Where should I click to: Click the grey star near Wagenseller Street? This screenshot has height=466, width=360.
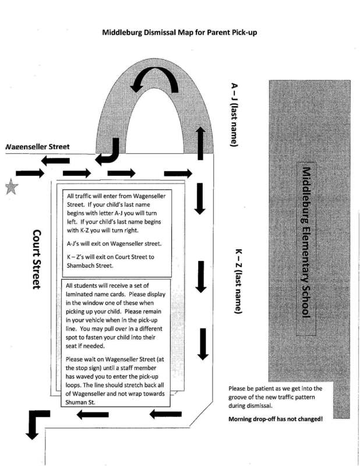tap(12, 187)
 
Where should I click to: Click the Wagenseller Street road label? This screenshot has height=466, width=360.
tap(37, 147)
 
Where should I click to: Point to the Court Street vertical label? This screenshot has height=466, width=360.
tap(37, 259)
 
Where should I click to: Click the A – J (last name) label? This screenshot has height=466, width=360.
tap(235, 115)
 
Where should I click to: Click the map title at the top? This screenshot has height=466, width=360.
tap(179, 33)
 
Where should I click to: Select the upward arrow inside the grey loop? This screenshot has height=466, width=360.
tap(200, 143)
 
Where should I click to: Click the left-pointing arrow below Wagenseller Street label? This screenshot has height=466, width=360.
tap(55, 161)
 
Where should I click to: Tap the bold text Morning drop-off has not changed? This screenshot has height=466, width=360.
tap(276, 419)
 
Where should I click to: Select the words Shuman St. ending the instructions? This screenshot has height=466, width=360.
tap(80, 403)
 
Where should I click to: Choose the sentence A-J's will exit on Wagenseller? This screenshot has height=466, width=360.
tap(114, 243)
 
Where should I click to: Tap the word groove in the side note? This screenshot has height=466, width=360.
tap(238, 397)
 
